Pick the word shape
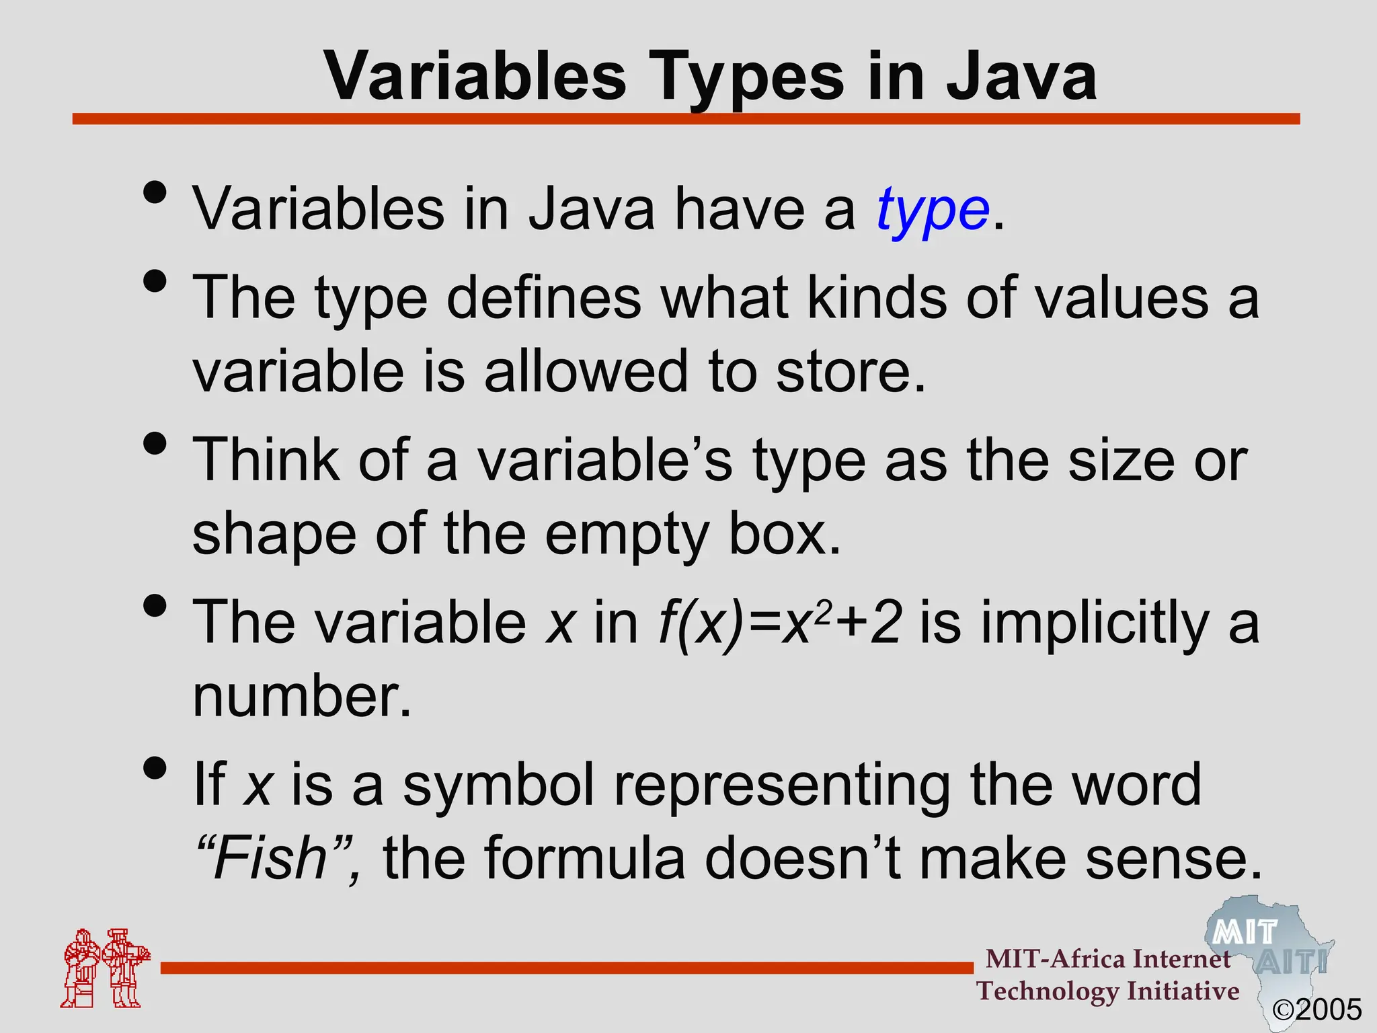click(274, 535)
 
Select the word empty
click(626, 535)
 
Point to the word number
click(301, 697)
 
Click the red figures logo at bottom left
click(105, 968)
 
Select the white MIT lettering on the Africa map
click(1245, 933)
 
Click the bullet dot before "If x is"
click(155, 769)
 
